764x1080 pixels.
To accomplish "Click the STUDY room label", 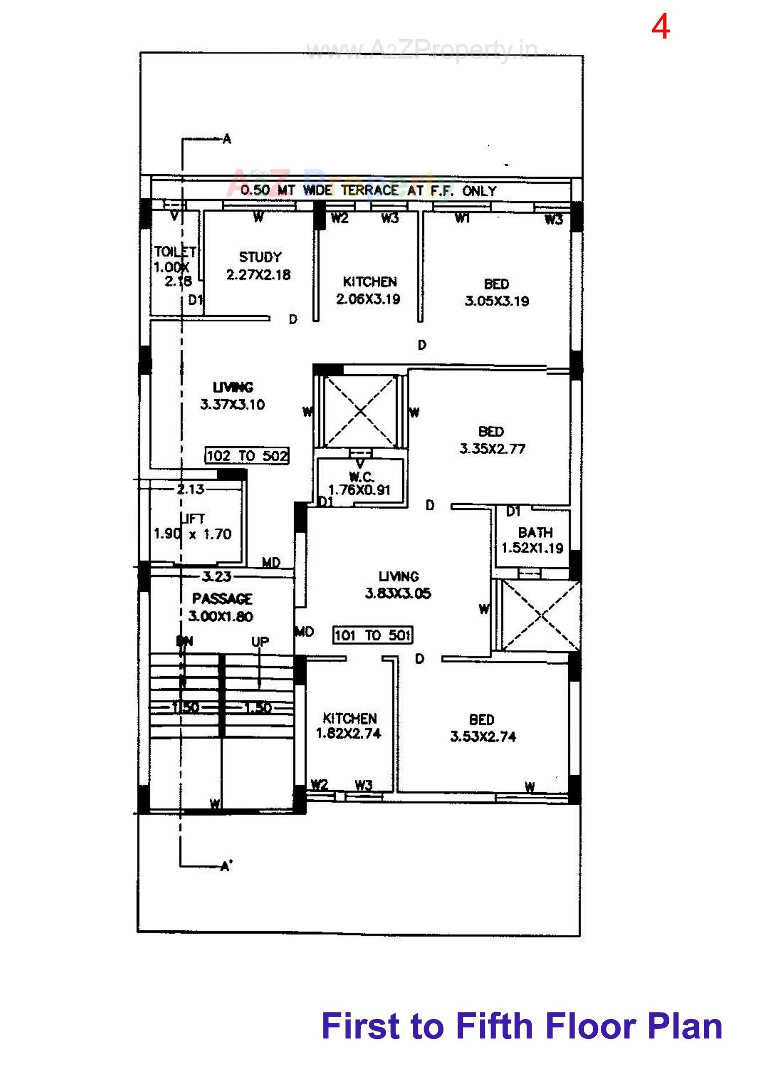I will click(260, 257).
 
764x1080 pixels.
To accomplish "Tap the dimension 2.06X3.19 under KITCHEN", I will click(368, 299).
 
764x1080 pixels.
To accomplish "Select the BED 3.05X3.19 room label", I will click(497, 292).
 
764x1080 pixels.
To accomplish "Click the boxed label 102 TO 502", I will click(247, 455).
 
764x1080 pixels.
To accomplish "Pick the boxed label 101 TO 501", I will click(373, 636).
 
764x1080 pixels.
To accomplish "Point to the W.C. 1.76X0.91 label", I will click(360, 484).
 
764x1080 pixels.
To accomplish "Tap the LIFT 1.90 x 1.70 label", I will click(193, 527).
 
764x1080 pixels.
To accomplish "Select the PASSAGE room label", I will click(222, 599).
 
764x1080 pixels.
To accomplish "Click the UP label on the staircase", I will click(260, 642).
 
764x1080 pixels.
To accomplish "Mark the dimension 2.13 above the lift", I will click(190, 489).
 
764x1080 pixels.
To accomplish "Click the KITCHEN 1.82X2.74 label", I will click(349, 726).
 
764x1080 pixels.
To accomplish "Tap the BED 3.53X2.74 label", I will click(483, 728).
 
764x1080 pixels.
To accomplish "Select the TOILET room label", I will click(175, 252).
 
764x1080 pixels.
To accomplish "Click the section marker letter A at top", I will click(227, 139).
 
